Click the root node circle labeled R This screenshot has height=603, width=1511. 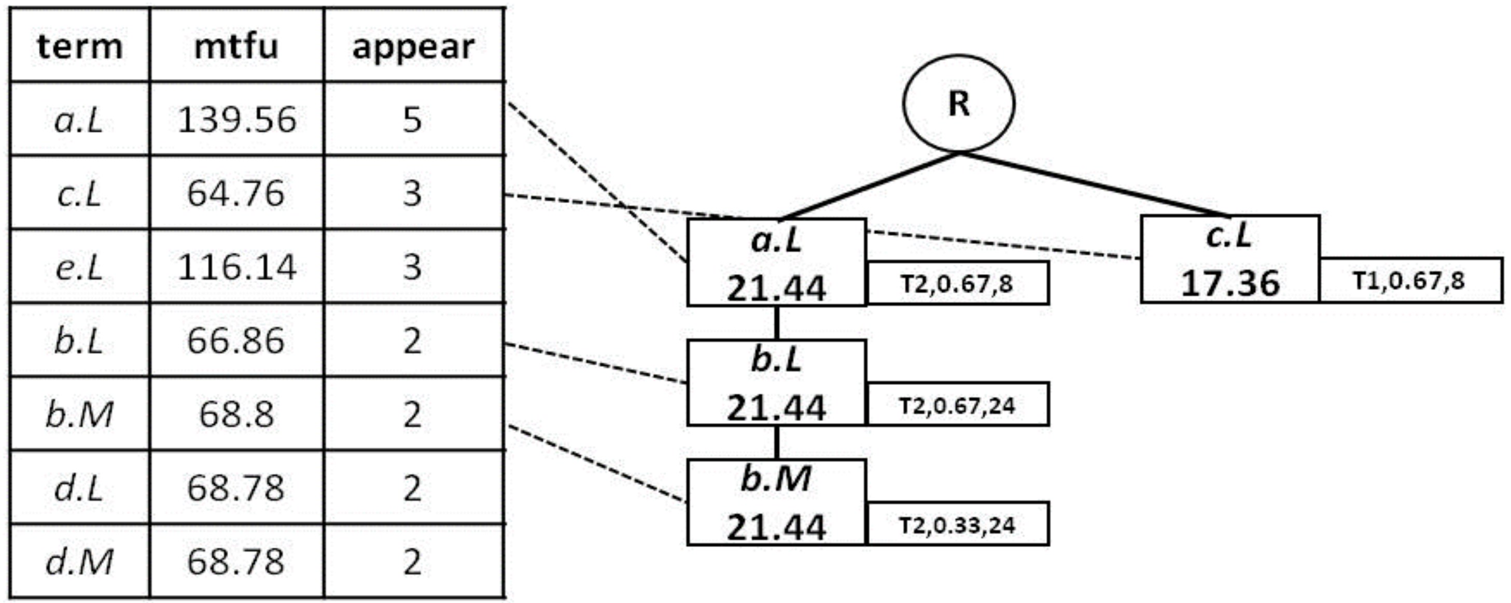958,104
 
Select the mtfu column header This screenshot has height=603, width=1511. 236,46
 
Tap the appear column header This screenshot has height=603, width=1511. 413,46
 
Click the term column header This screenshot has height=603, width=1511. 80,46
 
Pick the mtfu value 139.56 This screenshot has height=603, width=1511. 236,120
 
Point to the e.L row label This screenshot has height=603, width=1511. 80,267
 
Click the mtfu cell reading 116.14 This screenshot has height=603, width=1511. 236,267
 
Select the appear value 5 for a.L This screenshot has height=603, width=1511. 413,120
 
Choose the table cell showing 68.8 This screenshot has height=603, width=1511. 236,414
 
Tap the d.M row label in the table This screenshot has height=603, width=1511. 80,562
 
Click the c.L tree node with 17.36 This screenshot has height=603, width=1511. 1230,259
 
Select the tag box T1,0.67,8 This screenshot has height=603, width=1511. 1409,281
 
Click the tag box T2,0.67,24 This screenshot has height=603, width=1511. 957,405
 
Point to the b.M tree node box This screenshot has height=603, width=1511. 776,502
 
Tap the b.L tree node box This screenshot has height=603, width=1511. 776,382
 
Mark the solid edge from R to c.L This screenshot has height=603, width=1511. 1094,184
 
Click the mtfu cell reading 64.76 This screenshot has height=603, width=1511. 236,193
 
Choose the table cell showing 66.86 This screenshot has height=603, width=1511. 236,340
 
